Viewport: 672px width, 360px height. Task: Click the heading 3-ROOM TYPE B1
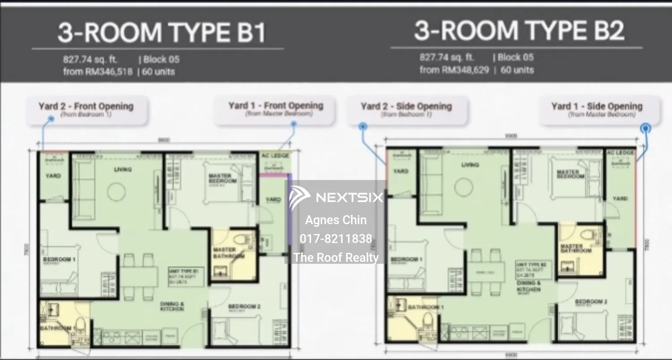click(162, 33)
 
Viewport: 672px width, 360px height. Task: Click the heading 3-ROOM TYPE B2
click(519, 30)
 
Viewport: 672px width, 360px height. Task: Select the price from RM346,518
click(98, 72)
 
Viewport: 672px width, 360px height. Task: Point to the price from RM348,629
click(454, 70)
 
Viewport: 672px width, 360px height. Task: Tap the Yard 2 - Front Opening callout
click(86, 110)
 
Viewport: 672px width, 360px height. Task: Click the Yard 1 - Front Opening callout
click(276, 109)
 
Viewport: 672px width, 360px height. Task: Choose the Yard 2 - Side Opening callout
click(406, 109)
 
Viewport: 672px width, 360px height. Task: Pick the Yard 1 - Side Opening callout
click(597, 109)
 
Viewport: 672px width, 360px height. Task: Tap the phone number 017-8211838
click(336, 239)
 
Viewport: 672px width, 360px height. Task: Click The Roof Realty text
click(336, 257)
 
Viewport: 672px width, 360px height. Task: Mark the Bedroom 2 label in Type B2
click(591, 302)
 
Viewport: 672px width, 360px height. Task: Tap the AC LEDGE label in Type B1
click(272, 156)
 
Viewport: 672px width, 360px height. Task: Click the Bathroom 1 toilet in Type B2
click(427, 321)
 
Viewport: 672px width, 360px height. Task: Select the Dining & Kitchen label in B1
click(172, 306)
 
